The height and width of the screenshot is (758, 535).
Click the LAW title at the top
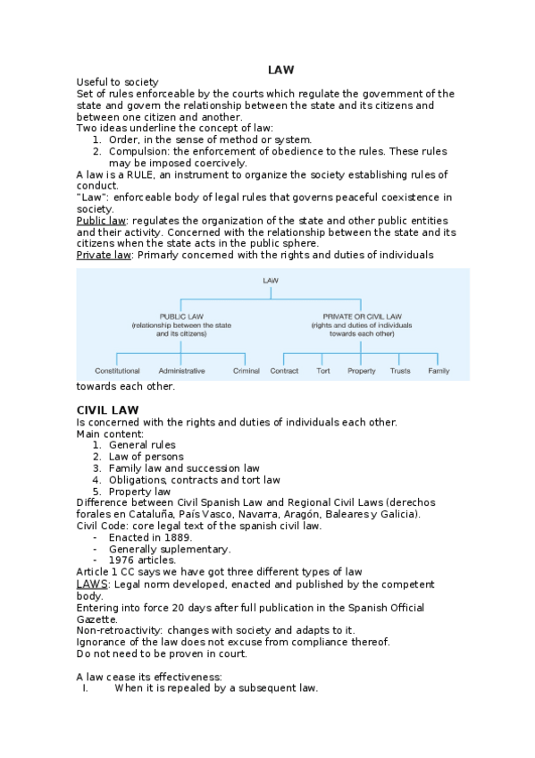pos(280,70)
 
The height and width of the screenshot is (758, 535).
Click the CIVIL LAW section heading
pos(106,409)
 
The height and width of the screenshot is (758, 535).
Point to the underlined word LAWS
pos(92,584)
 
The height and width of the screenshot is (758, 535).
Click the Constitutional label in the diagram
pos(117,370)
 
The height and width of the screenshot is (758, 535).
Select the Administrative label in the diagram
pos(181,370)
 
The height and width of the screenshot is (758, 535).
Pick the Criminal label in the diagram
pos(246,370)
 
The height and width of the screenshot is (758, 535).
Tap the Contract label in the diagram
pos(284,370)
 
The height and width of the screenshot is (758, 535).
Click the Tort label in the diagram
pos(323,370)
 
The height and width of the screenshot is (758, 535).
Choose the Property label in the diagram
pos(362,370)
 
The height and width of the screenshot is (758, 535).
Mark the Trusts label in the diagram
pos(400,370)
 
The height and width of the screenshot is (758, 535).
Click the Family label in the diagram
pos(439,370)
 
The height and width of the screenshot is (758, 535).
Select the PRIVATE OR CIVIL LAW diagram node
pos(362,316)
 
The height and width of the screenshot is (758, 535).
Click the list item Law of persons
pos(146,456)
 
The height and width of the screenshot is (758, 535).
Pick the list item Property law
pos(139,491)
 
